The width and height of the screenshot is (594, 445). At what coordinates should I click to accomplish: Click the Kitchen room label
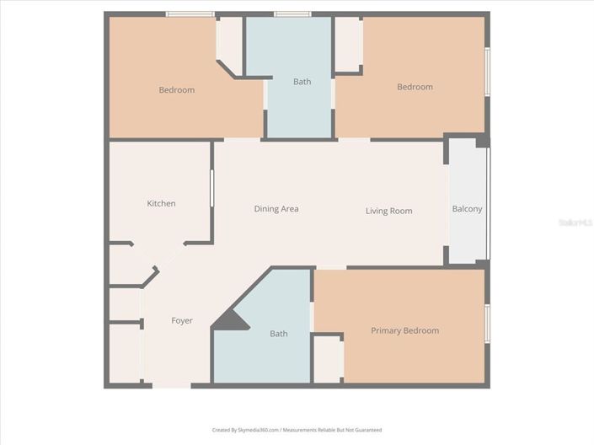161,203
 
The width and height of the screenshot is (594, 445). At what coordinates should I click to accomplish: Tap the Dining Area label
276,209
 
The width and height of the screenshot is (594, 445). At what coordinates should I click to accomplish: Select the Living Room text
388,211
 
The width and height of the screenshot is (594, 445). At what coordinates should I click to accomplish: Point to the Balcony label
467,209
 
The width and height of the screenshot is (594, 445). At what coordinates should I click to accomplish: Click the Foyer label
182,320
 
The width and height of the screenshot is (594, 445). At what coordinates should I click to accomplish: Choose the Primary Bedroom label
404,330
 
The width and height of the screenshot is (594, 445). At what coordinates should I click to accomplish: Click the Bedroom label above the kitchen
177,90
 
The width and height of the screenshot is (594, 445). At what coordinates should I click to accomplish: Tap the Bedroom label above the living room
415,87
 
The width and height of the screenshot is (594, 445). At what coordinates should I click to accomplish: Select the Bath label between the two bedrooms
302,82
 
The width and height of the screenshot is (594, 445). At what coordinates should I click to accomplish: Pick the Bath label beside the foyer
278,334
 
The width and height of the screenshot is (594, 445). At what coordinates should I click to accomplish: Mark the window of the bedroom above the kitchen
190,14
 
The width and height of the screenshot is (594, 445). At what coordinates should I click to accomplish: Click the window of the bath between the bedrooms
292,14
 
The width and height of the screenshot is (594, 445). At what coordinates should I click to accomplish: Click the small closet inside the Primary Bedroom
328,358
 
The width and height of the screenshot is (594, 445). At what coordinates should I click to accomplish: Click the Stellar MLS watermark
575,222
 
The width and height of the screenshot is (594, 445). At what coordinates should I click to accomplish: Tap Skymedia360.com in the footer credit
257,430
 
